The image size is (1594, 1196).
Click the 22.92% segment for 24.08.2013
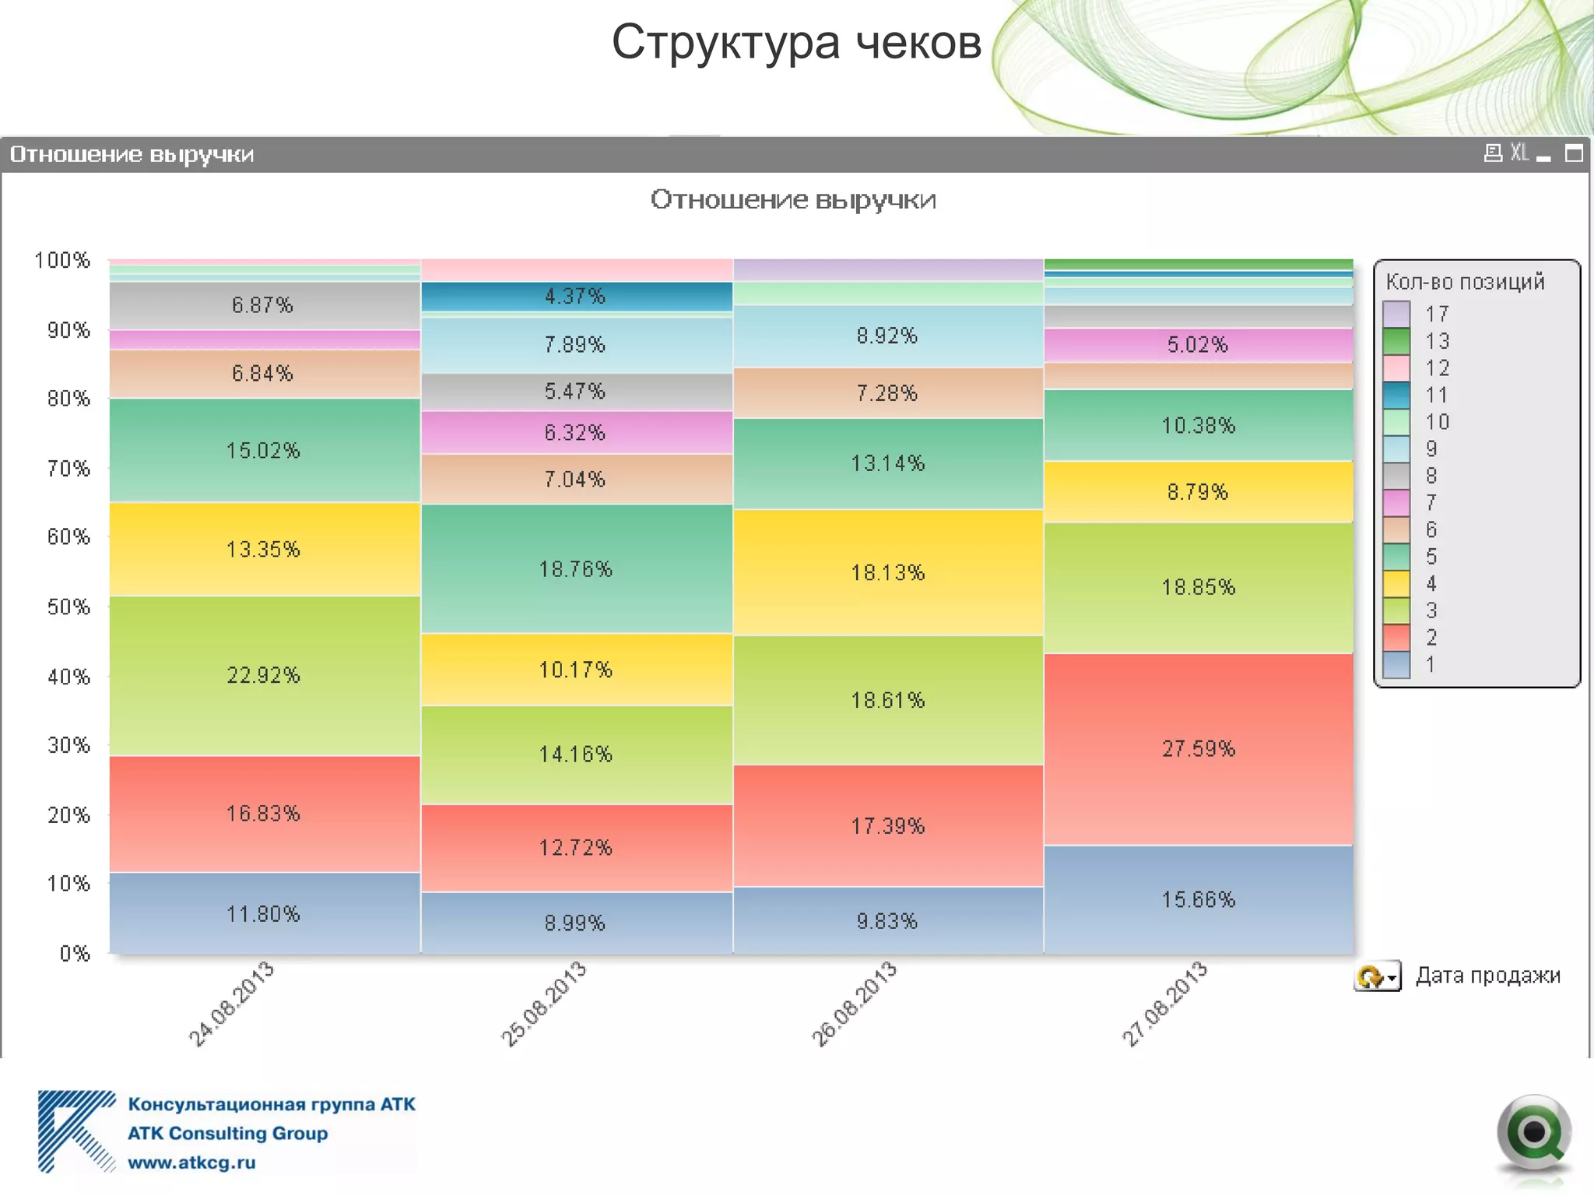click(x=264, y=675)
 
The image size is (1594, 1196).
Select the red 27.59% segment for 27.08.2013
click(x=1198, y=748)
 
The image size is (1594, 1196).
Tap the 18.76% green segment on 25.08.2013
click(x=576, y=569)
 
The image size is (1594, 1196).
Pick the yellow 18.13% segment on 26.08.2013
click(x=887, y=572)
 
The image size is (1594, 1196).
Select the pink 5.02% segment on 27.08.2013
click(x=1198, y=344)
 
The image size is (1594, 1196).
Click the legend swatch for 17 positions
click(x=1396, y=314)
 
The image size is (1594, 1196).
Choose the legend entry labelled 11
click(x=1436, y=395)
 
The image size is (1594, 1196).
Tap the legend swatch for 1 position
click(x=1396, y=664)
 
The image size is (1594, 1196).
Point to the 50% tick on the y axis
click(x=68, y=607)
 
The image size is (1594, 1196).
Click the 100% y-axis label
click(x=62, y=260)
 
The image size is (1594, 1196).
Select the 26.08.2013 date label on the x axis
click(x=855, y=1004)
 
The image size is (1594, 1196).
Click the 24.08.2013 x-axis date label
click(x=231, y=1004)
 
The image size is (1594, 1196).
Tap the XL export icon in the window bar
click(x=1519, y=153)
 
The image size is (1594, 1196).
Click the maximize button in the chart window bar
click(x=1574, y=153)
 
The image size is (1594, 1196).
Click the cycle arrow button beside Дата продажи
click(x=1377, y=976)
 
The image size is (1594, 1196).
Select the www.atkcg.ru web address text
click(x=191, y=1163)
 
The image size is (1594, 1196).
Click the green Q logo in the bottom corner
click(x=1533, y=1133)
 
